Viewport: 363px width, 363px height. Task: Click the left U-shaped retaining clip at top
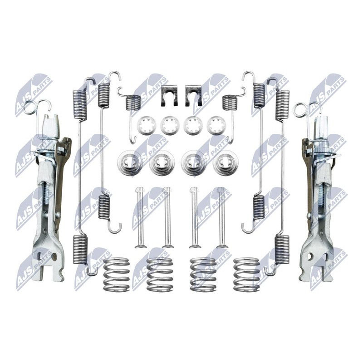point(169,96)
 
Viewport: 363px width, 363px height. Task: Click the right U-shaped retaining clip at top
point(193,96)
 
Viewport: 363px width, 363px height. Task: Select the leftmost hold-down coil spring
point(116,275)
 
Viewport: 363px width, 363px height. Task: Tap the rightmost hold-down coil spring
point(246,275)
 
